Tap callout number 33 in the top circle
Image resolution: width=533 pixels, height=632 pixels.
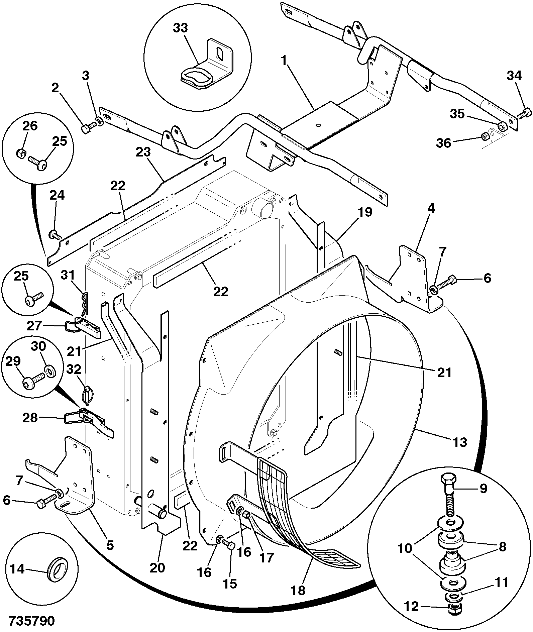181,28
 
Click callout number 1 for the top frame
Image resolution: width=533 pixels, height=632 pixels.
284,61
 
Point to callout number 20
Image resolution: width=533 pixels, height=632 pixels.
157,568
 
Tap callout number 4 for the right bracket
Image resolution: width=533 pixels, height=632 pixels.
431,209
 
